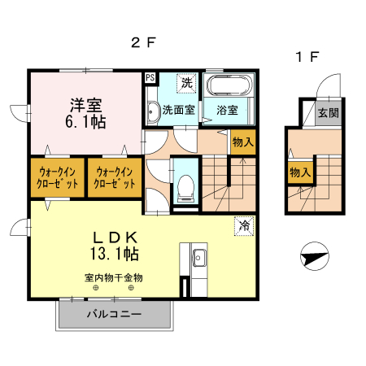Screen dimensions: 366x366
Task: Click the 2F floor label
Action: (143, 43)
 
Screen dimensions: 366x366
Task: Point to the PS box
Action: (150, 78)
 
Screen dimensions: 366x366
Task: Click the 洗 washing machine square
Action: (187, 81)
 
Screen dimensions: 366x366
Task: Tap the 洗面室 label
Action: (176, 109)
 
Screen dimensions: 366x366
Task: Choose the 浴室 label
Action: (227, 109)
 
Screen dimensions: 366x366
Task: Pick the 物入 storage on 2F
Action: (242, 142)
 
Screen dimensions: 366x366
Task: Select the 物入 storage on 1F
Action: (299, 172)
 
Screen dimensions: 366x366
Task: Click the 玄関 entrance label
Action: (329, 113)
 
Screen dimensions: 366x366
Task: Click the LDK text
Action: (113, 236)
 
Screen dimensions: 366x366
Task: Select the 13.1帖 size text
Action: (113, 254)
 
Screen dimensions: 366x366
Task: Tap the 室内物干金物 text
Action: (113, 277)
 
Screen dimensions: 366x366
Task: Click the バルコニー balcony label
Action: (114, 313)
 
